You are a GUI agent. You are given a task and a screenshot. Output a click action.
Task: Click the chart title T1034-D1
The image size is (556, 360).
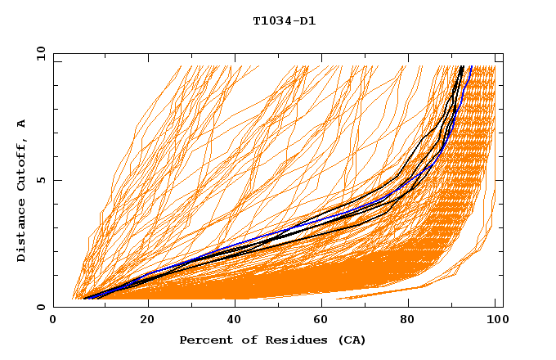[284, 21]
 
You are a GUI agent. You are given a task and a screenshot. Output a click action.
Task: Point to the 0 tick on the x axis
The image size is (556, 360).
[54, 321]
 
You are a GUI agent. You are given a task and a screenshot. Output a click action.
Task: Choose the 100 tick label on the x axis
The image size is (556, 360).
[495, 321]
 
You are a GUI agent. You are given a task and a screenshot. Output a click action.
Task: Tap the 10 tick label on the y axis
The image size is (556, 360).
[39, 53]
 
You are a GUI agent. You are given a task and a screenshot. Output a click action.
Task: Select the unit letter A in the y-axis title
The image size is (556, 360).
[22, 123]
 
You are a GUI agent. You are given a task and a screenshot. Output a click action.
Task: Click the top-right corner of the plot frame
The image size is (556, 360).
[503, 54]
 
